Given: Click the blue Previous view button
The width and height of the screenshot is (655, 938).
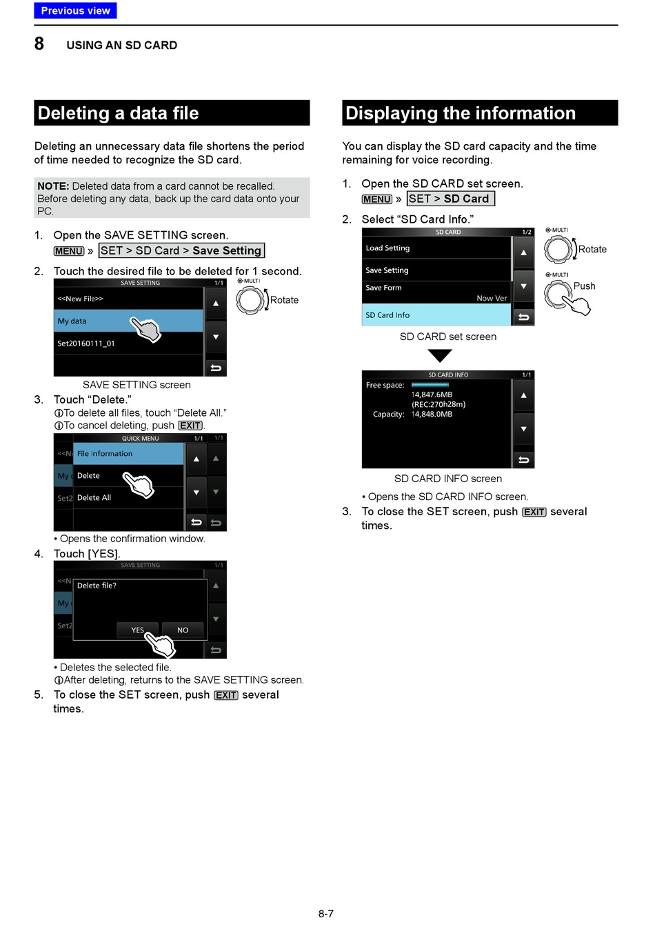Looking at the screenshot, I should pos(75,10).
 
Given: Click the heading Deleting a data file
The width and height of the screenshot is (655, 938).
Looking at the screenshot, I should pos(118,113).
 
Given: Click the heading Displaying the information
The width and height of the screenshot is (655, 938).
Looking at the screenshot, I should pos(460,113).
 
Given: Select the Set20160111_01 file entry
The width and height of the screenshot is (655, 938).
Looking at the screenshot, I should pos(86,343).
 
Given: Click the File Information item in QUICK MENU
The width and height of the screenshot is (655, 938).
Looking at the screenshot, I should pos(105,454).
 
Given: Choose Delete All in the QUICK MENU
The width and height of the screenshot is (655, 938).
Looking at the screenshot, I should pos(94,498).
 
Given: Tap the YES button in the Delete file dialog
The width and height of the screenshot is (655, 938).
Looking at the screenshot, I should pos(138,630).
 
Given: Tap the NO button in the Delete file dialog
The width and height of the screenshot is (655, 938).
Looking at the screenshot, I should pos(183,630).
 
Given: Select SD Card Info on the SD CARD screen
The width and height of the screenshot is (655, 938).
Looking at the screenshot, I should pos(387,315).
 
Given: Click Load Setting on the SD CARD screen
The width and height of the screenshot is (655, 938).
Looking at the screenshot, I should pos(387,248).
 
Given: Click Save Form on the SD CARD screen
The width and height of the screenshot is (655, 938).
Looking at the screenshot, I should pos(383,288).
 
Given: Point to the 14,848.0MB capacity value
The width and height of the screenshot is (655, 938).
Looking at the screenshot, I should pos(432,415).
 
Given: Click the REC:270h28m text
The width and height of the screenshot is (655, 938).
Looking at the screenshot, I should pos(439,405).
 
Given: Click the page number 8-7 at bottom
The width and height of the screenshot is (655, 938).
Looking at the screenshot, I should pos(326,914).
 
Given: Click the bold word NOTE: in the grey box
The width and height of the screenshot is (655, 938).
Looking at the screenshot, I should pos(53,186).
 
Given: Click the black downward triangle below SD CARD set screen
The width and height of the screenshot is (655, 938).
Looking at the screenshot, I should pos(440,355).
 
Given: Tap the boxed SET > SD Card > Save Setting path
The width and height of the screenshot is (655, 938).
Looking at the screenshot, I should pos(181,251).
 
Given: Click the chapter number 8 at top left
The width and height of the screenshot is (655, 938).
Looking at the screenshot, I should pos(39,44).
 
